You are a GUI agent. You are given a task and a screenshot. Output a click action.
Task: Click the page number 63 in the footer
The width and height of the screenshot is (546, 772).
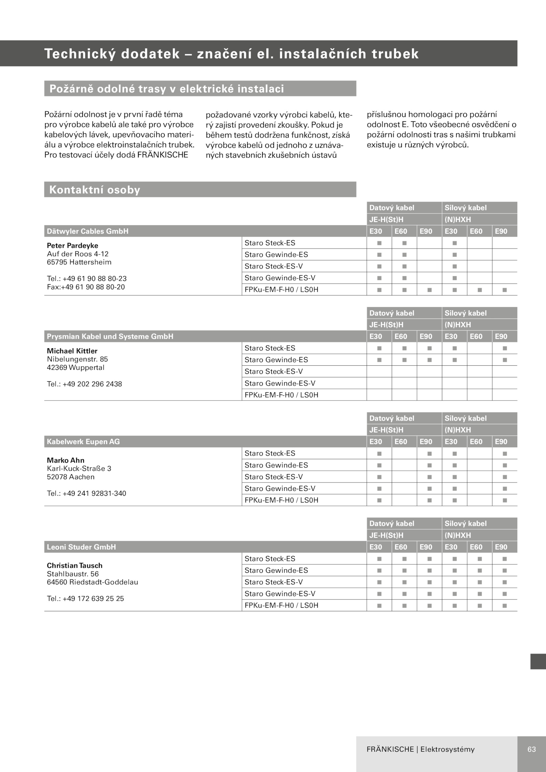[x=531, y=749]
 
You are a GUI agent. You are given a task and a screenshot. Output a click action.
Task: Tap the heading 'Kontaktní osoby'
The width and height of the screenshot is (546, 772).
[x=95, y=190]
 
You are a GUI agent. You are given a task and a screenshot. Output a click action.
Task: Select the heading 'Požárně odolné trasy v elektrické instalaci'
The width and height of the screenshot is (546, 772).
[x=167, y=89]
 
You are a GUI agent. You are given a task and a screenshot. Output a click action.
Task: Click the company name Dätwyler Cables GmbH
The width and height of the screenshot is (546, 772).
[x=88, y=231]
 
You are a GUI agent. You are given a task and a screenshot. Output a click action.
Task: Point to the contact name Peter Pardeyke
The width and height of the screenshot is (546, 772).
[x=72, y=246]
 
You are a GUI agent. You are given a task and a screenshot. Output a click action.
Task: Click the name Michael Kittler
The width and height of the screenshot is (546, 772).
[x=72, y=351]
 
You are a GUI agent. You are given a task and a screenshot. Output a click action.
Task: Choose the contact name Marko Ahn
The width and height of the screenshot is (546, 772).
[x=66, y=460]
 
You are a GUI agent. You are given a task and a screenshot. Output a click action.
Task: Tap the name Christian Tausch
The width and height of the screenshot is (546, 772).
[x=74, y=566]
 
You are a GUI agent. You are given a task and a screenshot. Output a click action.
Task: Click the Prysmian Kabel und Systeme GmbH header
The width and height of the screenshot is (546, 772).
[x=110, y=337]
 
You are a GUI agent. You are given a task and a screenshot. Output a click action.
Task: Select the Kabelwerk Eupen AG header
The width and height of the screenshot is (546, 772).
[x=83, y=442]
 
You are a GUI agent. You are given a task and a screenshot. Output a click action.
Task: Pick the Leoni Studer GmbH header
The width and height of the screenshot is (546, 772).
[x=81, y=547]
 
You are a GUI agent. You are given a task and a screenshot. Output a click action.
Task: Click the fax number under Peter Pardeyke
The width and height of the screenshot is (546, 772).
[x=86, y=287]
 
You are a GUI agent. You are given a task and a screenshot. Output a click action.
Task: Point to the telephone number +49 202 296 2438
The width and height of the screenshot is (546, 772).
[x=84, y=384]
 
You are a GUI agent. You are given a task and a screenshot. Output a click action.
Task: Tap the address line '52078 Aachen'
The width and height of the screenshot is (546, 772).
[x=71, y=477]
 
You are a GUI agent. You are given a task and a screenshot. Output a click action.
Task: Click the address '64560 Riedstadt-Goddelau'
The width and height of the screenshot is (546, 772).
[x=92, y=582]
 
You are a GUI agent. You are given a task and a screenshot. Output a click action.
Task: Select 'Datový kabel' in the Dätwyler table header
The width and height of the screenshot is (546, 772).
[x=392, y=208]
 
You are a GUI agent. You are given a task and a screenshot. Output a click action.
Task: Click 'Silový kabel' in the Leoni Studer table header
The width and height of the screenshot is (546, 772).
[x=465, y=524]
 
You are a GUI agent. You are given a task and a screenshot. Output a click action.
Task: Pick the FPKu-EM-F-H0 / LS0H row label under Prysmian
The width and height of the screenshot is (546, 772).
[x=281, y=395]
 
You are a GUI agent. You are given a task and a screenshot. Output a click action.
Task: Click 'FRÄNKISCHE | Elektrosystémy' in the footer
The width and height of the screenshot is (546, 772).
[x=420, y=749]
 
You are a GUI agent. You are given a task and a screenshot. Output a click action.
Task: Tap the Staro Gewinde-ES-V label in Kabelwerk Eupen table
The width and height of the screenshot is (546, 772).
[x=280, y=489]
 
